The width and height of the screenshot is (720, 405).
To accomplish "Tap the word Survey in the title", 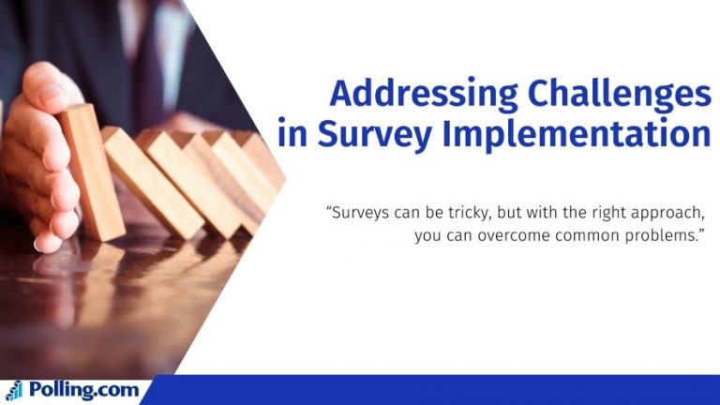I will tap(360, 135).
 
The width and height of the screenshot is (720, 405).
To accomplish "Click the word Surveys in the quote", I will tap(361, 212).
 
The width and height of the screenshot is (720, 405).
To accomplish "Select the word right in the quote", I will tap(610, 213).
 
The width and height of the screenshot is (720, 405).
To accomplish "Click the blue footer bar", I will tap(431, 390).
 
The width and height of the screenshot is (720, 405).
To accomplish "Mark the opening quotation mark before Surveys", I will tap(329, 207).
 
